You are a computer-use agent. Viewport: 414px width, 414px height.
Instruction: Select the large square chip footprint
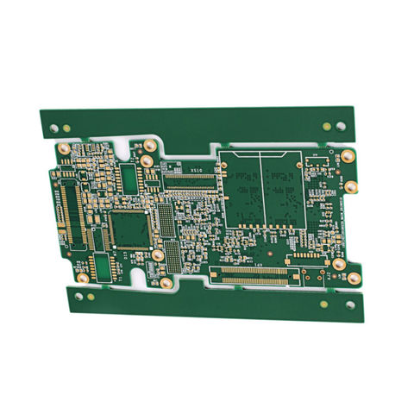click(x=130, y=229)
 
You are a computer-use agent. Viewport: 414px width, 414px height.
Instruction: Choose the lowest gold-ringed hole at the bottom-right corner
click(x=352, y=277)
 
